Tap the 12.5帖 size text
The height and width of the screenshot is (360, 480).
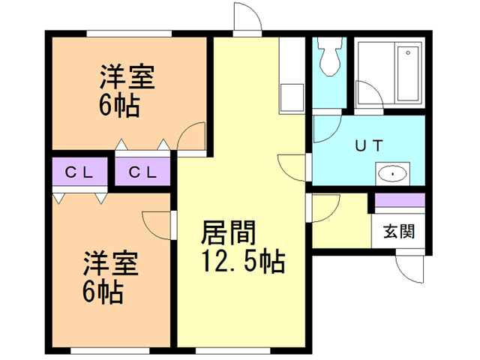[241, 262]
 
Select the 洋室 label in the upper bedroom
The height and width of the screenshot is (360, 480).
[127, 78]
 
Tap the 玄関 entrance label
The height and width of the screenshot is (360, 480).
[398, 231]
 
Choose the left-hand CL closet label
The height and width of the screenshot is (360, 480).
[79, 172]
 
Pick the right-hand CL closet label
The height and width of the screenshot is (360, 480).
[142, 172]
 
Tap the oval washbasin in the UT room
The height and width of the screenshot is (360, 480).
[393, 175]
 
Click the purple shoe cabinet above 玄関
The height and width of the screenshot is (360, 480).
[400, 200]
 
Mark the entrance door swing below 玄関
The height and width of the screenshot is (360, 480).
[411, 266]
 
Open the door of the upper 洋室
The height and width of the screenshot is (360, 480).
[193, 139]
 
